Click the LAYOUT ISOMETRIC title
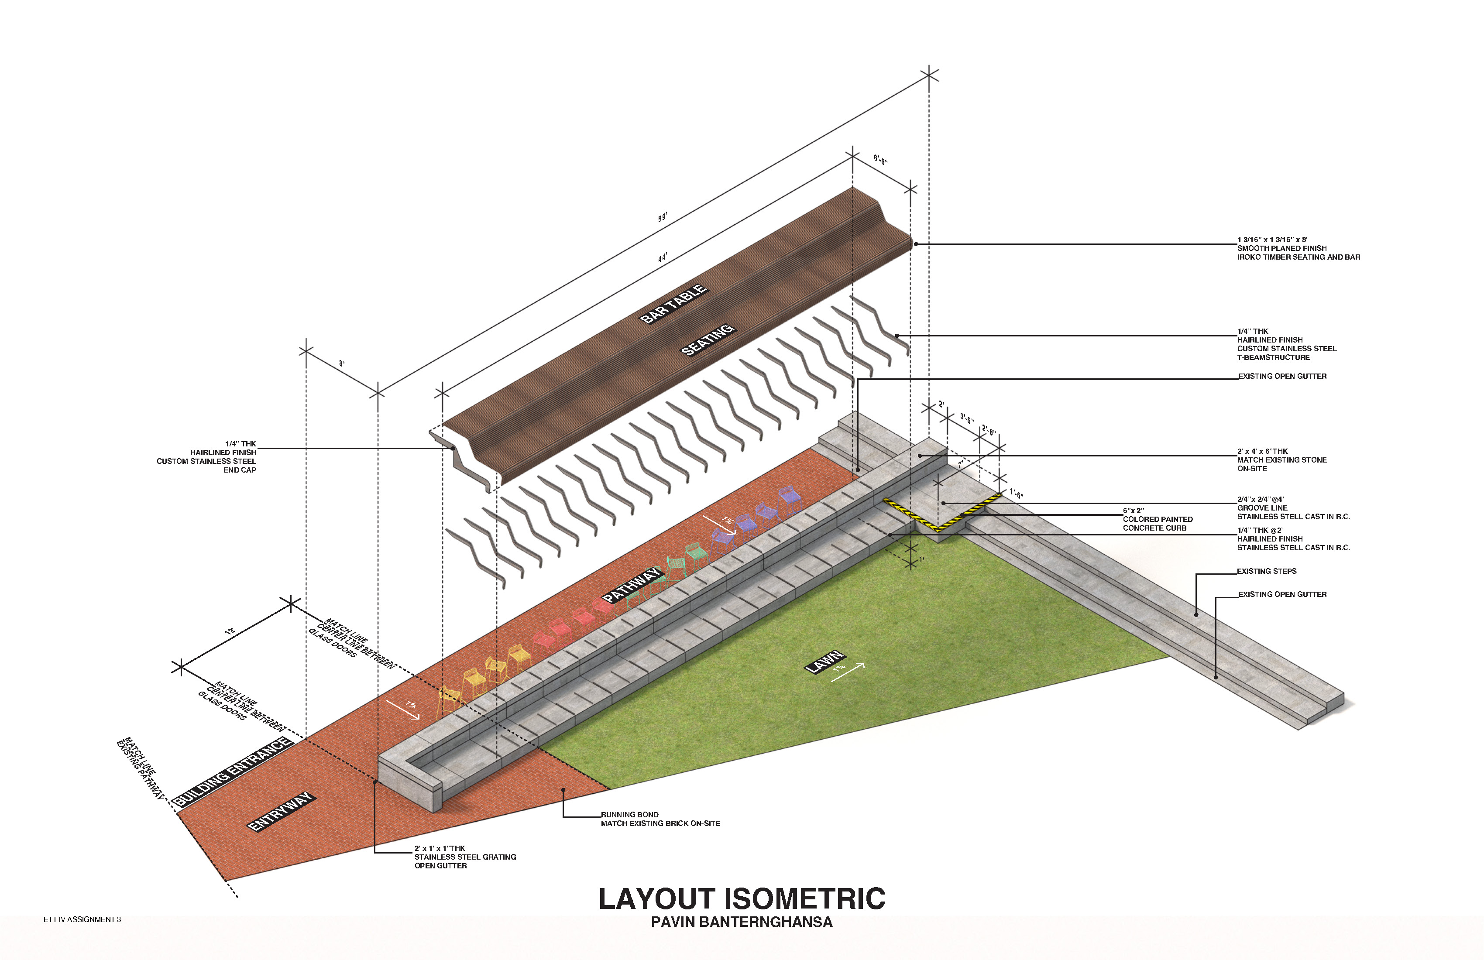(742, 899)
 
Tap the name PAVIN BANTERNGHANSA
(742, 922)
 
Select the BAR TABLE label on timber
(673, 304)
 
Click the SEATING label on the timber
(707, 340)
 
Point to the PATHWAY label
(631, 585)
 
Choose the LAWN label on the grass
(824, 662)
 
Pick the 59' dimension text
(662, 217)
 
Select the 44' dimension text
(662, 257)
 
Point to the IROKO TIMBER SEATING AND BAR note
(1298, 257)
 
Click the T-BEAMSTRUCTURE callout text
(1273, 357)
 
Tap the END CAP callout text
(240, 470)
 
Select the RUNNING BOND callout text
(630, 815)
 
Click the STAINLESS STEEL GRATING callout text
(465, 857)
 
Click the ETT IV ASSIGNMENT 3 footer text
(82, 919)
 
